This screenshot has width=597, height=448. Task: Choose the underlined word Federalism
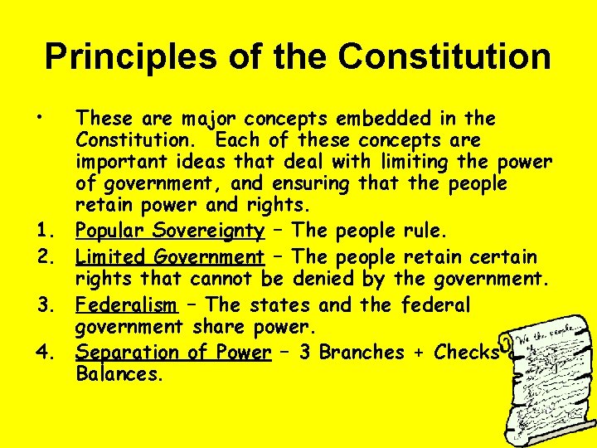126,305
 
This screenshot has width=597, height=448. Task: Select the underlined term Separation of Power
173,352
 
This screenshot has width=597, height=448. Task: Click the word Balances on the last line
119,373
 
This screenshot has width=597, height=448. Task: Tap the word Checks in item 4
467,352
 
